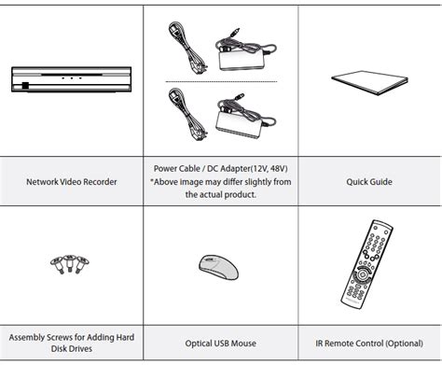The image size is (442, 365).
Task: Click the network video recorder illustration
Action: click(x=71, y=79)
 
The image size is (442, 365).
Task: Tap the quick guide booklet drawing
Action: click(x=369, y=83)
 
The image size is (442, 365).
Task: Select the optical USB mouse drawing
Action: click(x=218, y=267)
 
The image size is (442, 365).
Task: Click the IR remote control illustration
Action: click(x=366, y=264)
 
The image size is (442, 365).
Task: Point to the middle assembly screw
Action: click(x=70, y=263)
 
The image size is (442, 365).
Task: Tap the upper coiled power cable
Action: click(x=187, y=48)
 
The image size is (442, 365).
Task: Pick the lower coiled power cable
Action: click(x=187, y=114)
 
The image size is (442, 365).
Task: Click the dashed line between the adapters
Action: click(x=221, y=81)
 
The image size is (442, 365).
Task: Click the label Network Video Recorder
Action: click(x=72, y=182)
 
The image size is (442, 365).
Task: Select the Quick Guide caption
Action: click(x=369, y=182)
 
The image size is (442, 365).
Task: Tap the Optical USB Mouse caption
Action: click(x=221, y=344)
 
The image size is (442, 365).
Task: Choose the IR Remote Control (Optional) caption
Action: click(x=369, y=344)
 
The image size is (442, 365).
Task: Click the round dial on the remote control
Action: click(x=362, y=274)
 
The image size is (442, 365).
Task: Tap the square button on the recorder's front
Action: click(x=25, y=86)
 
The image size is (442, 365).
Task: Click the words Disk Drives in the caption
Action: click(x=72, y=348)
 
